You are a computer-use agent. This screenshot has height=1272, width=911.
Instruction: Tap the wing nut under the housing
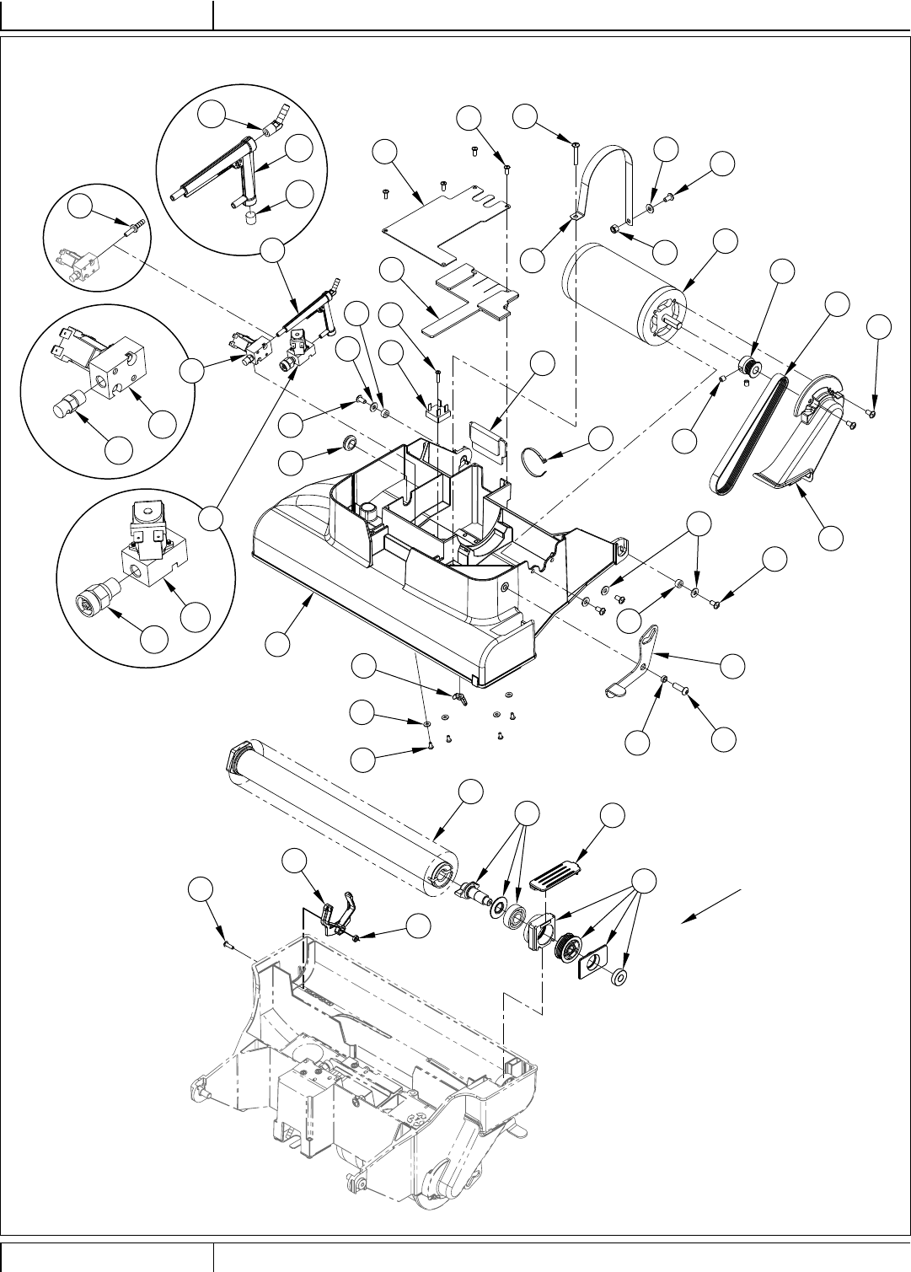coord(459,696)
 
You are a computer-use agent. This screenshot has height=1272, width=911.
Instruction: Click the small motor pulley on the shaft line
coord(748,368)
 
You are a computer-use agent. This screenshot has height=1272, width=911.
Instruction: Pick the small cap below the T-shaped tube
coord(249,219)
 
